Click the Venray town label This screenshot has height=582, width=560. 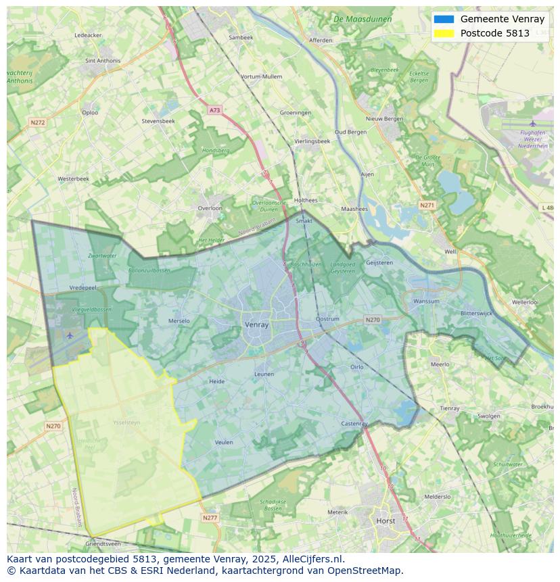point(256,324)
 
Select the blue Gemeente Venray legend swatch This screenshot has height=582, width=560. point(444,19)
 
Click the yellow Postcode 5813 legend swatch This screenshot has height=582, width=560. point(444,33)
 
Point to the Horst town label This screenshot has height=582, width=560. point(386,521)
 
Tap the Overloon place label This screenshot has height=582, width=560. point(210,208)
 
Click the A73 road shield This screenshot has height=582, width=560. point(214,110)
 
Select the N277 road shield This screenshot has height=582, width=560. point(210,518)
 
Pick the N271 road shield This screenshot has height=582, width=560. point(427,205)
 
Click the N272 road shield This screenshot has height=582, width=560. point(37,122)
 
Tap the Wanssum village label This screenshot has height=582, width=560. point(426,301)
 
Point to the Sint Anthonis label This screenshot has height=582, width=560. point(103,61)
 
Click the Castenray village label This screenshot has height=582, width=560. point(354,424)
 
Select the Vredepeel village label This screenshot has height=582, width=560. point(83,287)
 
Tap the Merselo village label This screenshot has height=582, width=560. point(179,321)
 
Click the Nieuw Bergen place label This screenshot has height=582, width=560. point(384,119)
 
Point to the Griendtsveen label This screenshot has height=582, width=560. point(103,543)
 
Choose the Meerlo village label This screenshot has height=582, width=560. point(440,364)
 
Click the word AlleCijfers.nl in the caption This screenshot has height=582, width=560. point(314,559)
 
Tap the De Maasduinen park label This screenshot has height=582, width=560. point(363,19)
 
